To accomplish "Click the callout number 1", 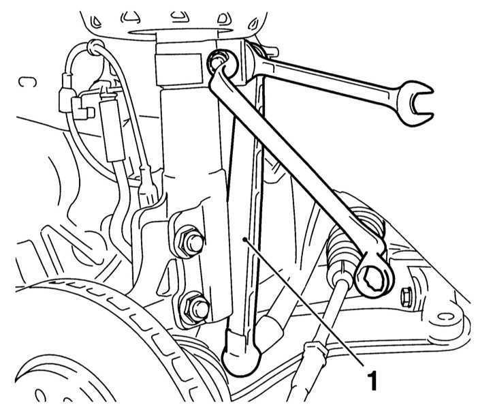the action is tap(372, 380).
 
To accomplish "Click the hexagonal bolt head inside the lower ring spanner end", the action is tap(372, 278).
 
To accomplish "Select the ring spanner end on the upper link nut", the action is tap(222, 63).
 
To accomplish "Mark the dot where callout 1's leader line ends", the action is tap(244, 240).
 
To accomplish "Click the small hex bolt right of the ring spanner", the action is tap(406, 296).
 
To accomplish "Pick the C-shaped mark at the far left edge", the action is tap(27, 82).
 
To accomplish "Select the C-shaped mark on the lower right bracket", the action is tap(444, 318).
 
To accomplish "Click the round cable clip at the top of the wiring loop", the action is tap(95, 47).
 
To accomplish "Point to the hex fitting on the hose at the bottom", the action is tap(316, 350).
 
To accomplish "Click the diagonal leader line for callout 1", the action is tap(304, 302).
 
